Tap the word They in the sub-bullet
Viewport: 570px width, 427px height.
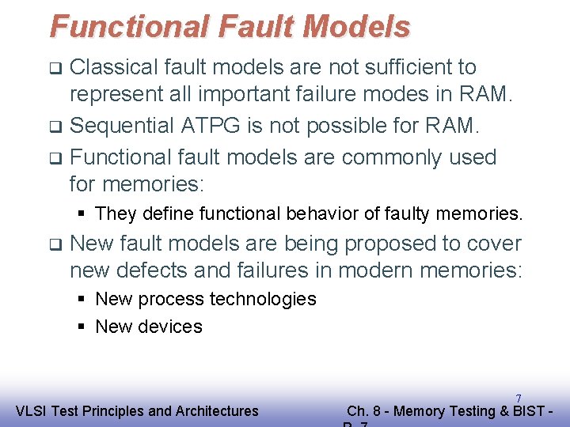coord(116,213)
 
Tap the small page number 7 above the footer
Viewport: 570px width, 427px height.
coord(518,398)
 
